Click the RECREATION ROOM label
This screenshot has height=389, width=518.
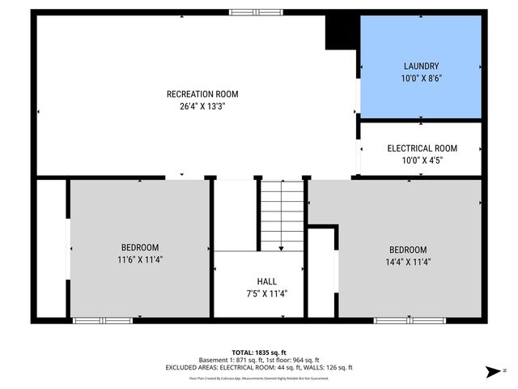coord(202,94)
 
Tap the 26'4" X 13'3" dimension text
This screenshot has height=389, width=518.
coord(202,105)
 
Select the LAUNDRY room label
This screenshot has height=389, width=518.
coord(421,66)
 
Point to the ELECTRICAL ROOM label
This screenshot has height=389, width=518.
coord(421,148)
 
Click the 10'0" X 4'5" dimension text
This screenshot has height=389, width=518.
coord(421,160)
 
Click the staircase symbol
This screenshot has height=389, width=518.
coord(281,215)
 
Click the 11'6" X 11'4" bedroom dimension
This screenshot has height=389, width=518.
coord(140,259)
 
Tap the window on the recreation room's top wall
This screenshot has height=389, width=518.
coord(251,12)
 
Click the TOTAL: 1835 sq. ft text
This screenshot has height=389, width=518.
coord(259,352)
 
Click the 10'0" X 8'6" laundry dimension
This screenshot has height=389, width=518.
coord(421,78)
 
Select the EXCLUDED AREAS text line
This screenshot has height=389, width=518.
coord(259,369)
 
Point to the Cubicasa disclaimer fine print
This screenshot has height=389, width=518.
coord(259,378)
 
